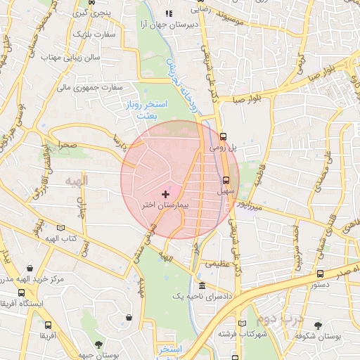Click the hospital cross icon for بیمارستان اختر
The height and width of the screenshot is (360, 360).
[x=166, y=193]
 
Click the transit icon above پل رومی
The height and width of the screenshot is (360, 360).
[x=223, y=136]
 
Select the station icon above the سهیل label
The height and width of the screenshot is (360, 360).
[x=226, y=179]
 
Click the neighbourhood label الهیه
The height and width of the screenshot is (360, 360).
[x=76, y=181]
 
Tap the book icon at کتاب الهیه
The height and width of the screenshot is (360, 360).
[x=61, y=228]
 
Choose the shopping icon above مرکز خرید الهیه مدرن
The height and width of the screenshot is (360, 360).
[x=30, y=268]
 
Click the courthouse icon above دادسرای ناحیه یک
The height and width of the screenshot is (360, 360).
[x=202, y=285]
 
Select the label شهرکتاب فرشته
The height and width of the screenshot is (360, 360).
[x=243, y=334]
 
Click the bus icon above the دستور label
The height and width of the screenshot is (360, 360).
[x=320, y=274]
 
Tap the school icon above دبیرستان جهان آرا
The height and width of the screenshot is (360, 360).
[x=167, y=13]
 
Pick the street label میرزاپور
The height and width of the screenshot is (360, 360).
[x=248, y=207]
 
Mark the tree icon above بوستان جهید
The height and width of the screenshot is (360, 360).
[x=98, y=344]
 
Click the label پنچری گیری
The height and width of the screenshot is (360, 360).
[x=91, y=13]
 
